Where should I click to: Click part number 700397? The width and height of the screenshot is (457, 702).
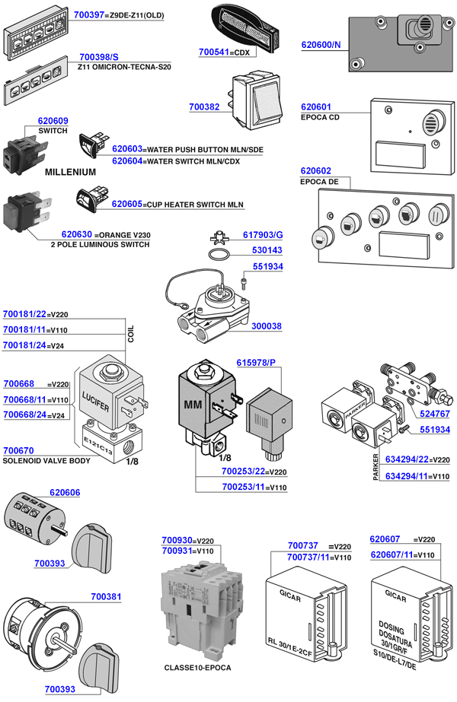pos(91,14)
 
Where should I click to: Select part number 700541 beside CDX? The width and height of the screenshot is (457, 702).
pos(213,52)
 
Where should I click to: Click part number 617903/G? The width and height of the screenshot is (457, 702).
pos(263,236)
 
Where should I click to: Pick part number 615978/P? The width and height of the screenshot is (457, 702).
pos(256,363)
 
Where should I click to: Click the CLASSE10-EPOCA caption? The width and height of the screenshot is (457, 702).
pos(197,668)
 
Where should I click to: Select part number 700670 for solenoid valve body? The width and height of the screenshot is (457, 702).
pos(18,450)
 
